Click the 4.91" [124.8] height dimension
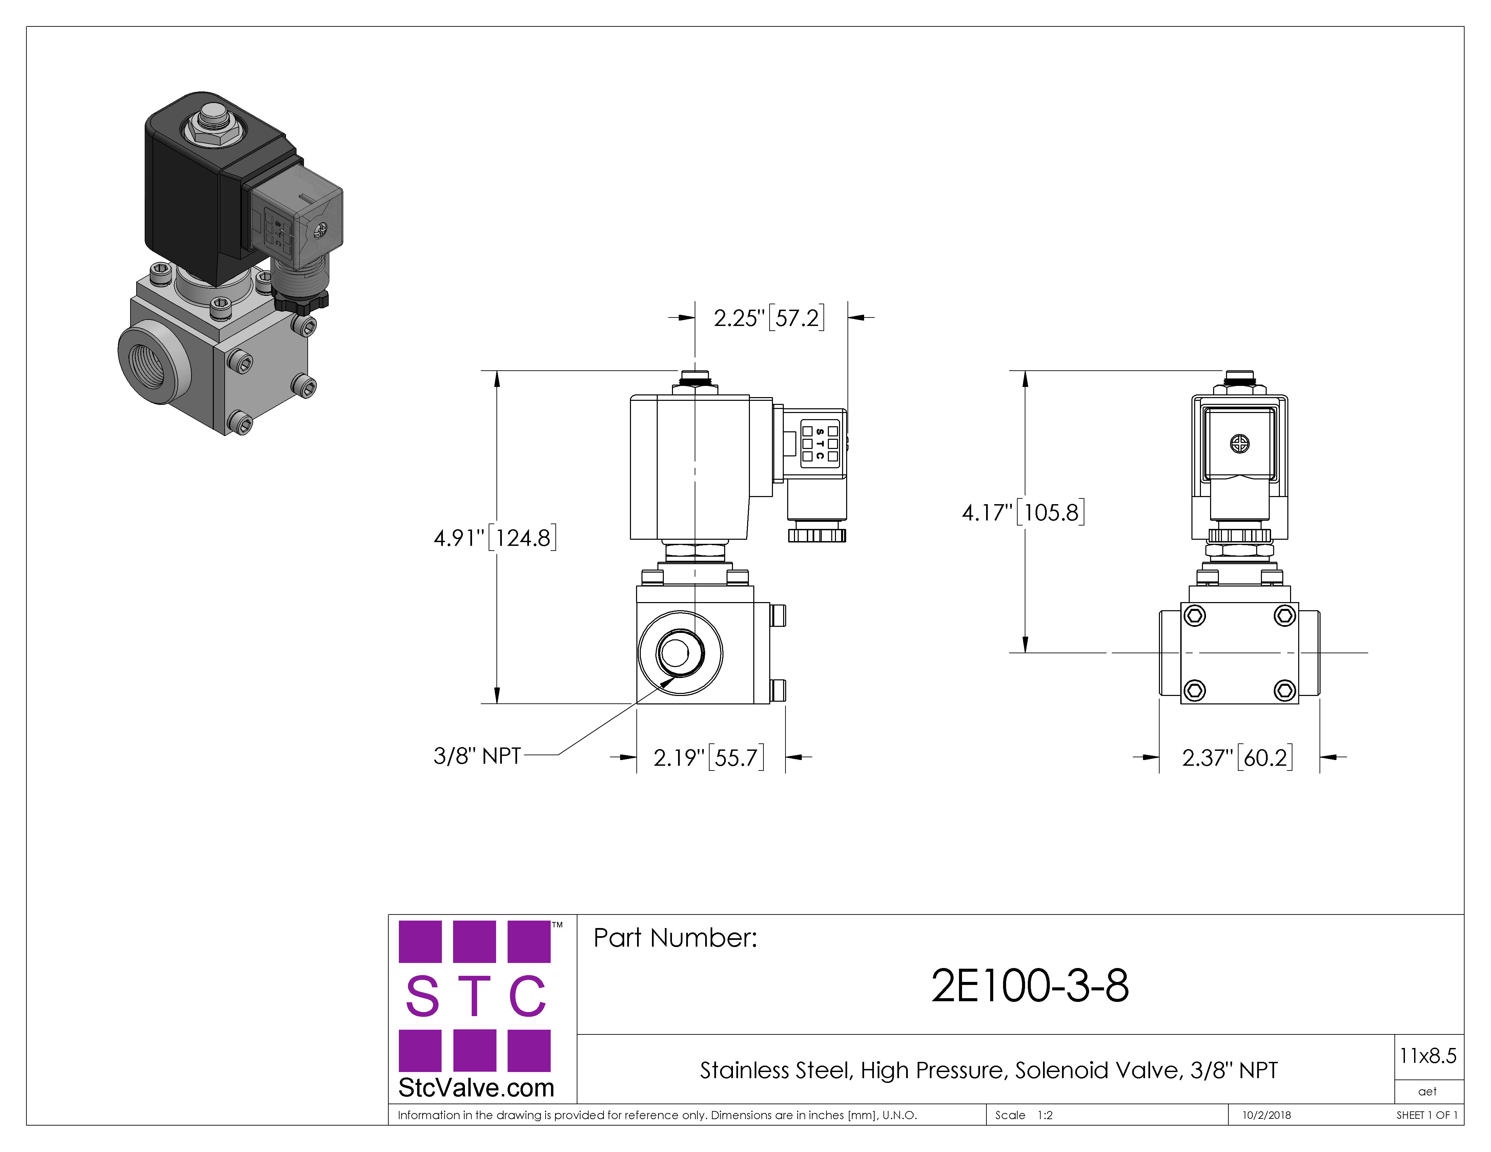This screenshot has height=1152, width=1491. tap(495, 538)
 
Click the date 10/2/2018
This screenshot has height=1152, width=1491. tap(1266, 1115)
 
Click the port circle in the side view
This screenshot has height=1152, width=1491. tap(681, 653)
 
